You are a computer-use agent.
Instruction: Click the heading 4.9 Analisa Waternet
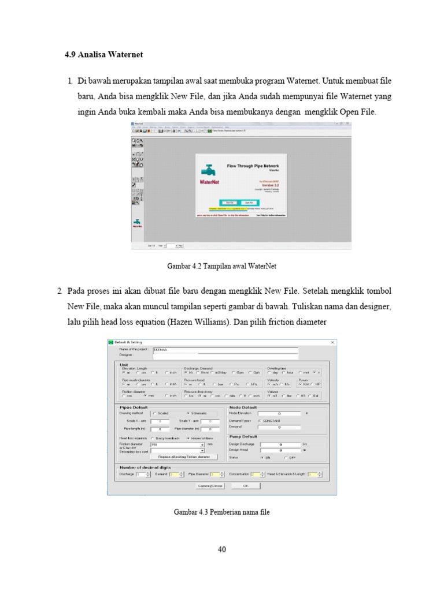tap(103, 55)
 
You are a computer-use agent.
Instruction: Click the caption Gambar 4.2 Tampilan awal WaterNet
tap(221, 266)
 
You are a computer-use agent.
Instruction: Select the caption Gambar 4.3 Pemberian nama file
tap(221, 512)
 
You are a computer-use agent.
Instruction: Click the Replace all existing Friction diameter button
tap(184, 457)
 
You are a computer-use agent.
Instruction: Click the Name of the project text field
tap(225, 349)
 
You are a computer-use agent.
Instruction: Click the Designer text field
tap(225, 355)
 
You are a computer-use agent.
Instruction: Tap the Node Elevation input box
tap(279, 413)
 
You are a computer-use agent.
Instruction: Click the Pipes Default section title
tap(133, 407)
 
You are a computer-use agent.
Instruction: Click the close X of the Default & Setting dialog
tap(332, 342)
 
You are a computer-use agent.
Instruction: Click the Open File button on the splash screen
tap(249, 203)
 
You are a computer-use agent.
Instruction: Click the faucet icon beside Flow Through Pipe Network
tap(207, 170)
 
